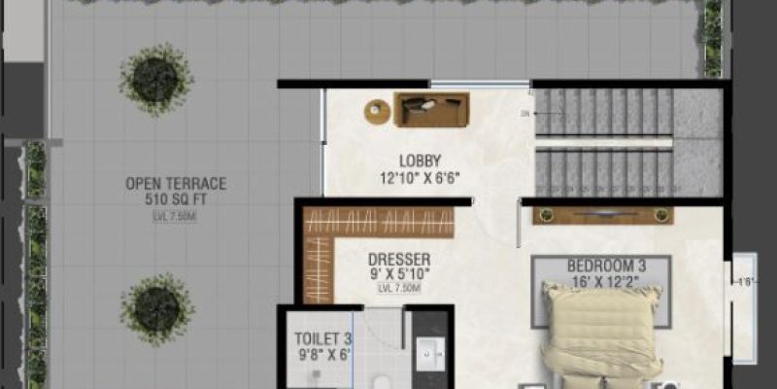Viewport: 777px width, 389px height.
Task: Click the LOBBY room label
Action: [420, 160]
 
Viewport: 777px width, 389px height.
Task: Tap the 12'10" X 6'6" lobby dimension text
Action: [420, 178]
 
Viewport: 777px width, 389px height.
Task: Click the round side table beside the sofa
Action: [377, 111]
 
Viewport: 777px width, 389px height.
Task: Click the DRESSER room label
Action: [398, 260]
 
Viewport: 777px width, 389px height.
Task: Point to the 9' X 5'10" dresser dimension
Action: [398, 275]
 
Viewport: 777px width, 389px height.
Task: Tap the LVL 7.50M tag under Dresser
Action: [398, 289]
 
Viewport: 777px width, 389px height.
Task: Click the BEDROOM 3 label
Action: [604, 265]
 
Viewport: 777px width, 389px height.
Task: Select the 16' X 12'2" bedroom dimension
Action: [604, 281]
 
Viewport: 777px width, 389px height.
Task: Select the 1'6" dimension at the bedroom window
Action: [745, 284]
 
